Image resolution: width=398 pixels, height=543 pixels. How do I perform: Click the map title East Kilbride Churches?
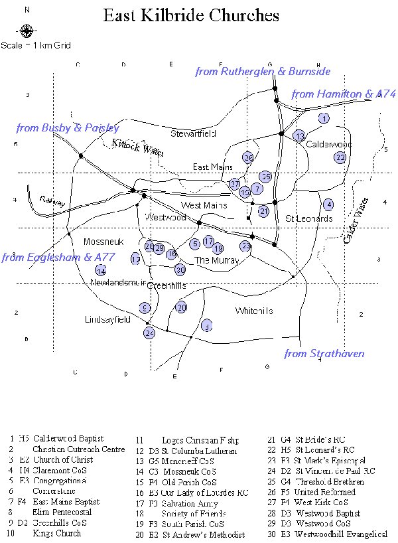tap(191, 16)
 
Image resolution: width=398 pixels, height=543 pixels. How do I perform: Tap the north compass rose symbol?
tap(26, 31)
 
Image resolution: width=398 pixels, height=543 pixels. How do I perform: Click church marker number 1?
tap(324, 119)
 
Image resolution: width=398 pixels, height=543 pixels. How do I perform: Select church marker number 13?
tap(300, 136)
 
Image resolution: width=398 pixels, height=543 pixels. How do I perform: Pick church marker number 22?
tap(340, 157)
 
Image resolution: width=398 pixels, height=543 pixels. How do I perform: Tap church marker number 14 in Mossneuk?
tap(101, 270)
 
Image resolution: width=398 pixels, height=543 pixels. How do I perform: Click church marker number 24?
tap(149, 333)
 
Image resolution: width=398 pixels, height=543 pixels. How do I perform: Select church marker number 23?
tap(245, 246)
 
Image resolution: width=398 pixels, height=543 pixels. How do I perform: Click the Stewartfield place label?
tap(193, 133)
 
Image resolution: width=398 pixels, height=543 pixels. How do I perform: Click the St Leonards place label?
tap(309, 218)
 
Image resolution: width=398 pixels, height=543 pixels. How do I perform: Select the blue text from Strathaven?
tap(324, 354)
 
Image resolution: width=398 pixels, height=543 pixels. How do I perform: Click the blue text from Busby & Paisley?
tap(68, 127)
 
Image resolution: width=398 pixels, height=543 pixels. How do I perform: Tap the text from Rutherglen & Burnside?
tap(263, 71)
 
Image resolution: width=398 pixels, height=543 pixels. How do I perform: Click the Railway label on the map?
tap(52, 201)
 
